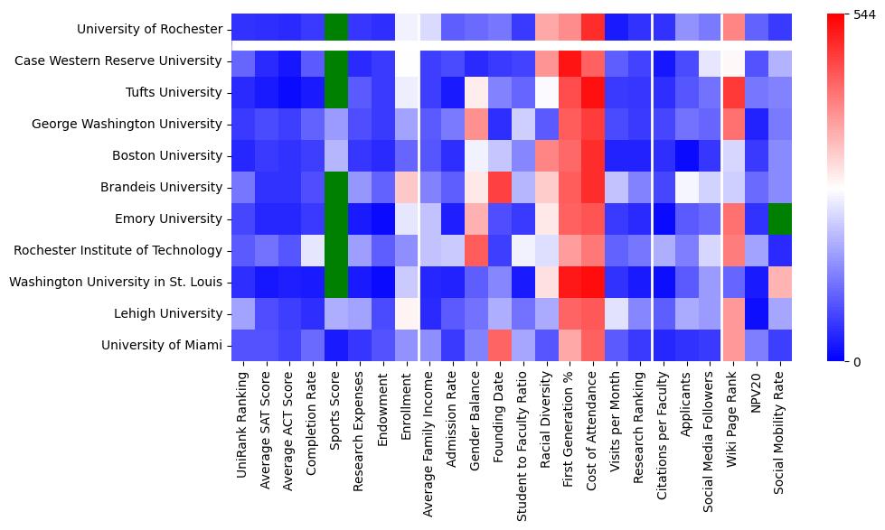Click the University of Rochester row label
tap(149, 29)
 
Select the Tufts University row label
tap(172, 92)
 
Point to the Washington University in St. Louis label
tap(115, 282)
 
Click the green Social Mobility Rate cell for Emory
tap(780, 219)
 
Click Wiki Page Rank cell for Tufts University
tap(733, 92)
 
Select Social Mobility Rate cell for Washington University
tap(780, 282)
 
